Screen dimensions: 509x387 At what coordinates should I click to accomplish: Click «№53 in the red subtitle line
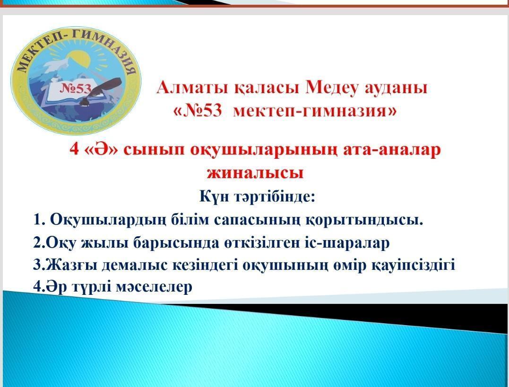tap(198, 111)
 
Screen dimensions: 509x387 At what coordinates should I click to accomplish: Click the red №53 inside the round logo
tap(75, 88)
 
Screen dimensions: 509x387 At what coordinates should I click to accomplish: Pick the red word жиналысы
tap(255, 172)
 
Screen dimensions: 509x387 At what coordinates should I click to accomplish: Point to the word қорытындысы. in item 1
tap(364, 220)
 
